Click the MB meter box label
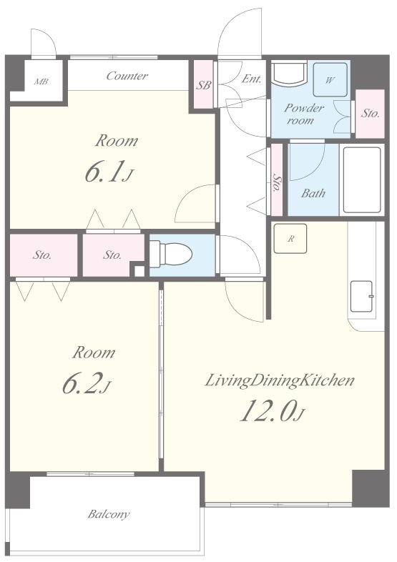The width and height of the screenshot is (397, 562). [41, 82]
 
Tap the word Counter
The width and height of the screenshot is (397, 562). [127, 76]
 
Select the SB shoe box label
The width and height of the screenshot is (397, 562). [203, 85]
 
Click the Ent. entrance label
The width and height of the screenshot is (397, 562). [251, 79]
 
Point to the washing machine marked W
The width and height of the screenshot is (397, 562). [330, 80]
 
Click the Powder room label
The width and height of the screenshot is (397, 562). [304, 114]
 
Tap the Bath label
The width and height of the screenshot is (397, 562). [313, 194]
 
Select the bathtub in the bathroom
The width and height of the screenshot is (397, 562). [362, 180]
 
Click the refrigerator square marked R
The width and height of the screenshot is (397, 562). [290, 239]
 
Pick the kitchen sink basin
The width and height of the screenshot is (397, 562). [362, 297]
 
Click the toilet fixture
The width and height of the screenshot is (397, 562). [170, 254]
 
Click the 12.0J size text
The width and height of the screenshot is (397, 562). [273, 410]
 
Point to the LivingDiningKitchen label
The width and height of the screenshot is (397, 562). [280, 380]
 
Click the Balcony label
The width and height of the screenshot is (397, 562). [109, 515]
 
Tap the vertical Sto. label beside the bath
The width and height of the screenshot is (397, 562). [277, 183]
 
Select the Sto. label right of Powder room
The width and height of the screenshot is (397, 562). [370, 114]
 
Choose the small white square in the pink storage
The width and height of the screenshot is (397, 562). [139, 271]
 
